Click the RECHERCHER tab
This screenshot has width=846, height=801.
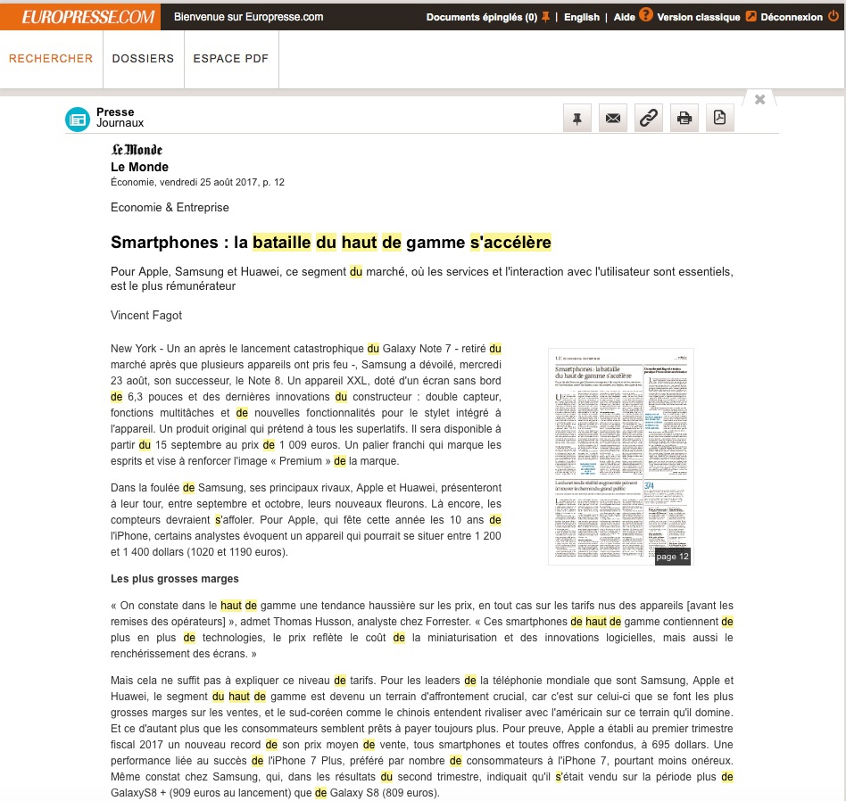click(x=51, y=59)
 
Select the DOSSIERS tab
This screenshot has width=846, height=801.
click(x=143, y=59)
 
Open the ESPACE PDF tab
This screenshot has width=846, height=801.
click(x=230, y=59)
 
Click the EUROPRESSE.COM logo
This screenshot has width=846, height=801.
click(x=79, y=16)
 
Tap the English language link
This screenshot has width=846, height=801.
click(x=582, y=17)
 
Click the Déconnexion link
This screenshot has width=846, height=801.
click(x=792, y=17)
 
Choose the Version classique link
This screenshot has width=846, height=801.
click(x=699, y=17)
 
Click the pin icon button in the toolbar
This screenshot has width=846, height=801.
click(x=577, y=118)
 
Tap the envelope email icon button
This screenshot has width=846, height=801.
click(x=613, y=118)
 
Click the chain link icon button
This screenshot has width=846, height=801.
click(x=649, y=118)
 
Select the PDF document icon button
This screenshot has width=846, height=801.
click(x=720, y=118)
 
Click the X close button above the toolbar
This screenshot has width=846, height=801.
click(x=759, y=99)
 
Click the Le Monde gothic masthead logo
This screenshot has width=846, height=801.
click(x=137, y=150)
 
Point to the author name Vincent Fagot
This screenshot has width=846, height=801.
click(x=147, y=315)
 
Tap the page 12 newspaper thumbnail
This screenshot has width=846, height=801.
click(x=620, y=456)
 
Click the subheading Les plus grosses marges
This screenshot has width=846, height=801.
click(x=174, y=579)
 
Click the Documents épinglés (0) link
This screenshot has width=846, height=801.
click(x=481, y=17)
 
